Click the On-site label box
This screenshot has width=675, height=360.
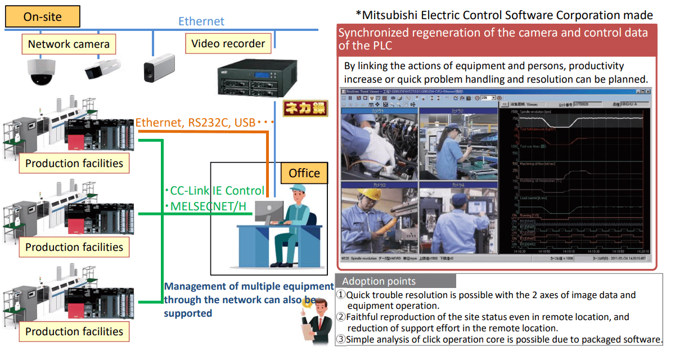(x=42, y=17)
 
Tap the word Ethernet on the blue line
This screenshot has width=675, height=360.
(x=201, y=21)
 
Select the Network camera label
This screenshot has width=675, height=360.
(x=69, y=44)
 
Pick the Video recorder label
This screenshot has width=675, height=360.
(x=228, y=44)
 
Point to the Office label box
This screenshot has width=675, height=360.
(x=304, y=173)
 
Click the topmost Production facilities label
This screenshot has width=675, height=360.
(x=74, y=164)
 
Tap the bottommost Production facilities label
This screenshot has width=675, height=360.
(x=74, y=331)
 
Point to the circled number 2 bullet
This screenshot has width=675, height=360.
(x=341, y=317)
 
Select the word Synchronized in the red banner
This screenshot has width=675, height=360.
(x=372, y=33)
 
